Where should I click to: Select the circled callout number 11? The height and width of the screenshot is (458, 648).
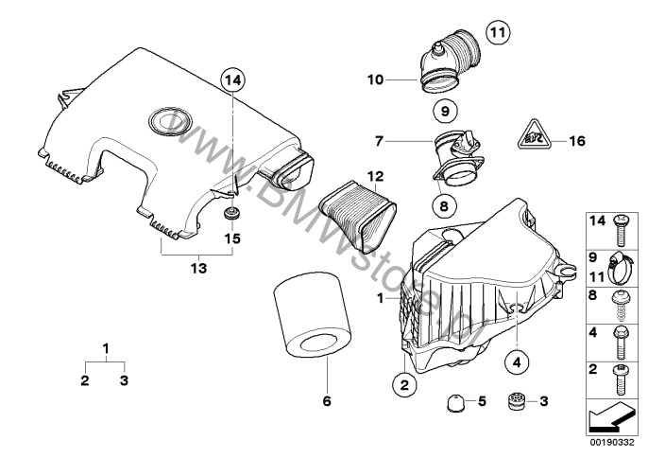pyautogui.click(x=499, y=33)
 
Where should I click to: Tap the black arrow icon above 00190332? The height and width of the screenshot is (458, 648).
pyautogui.click(x=615, y=415)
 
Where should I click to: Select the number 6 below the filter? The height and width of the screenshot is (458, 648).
pyautogui.click(x=327, y=401)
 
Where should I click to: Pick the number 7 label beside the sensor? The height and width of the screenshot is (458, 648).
pyautogui.click(x=379, y=141)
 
